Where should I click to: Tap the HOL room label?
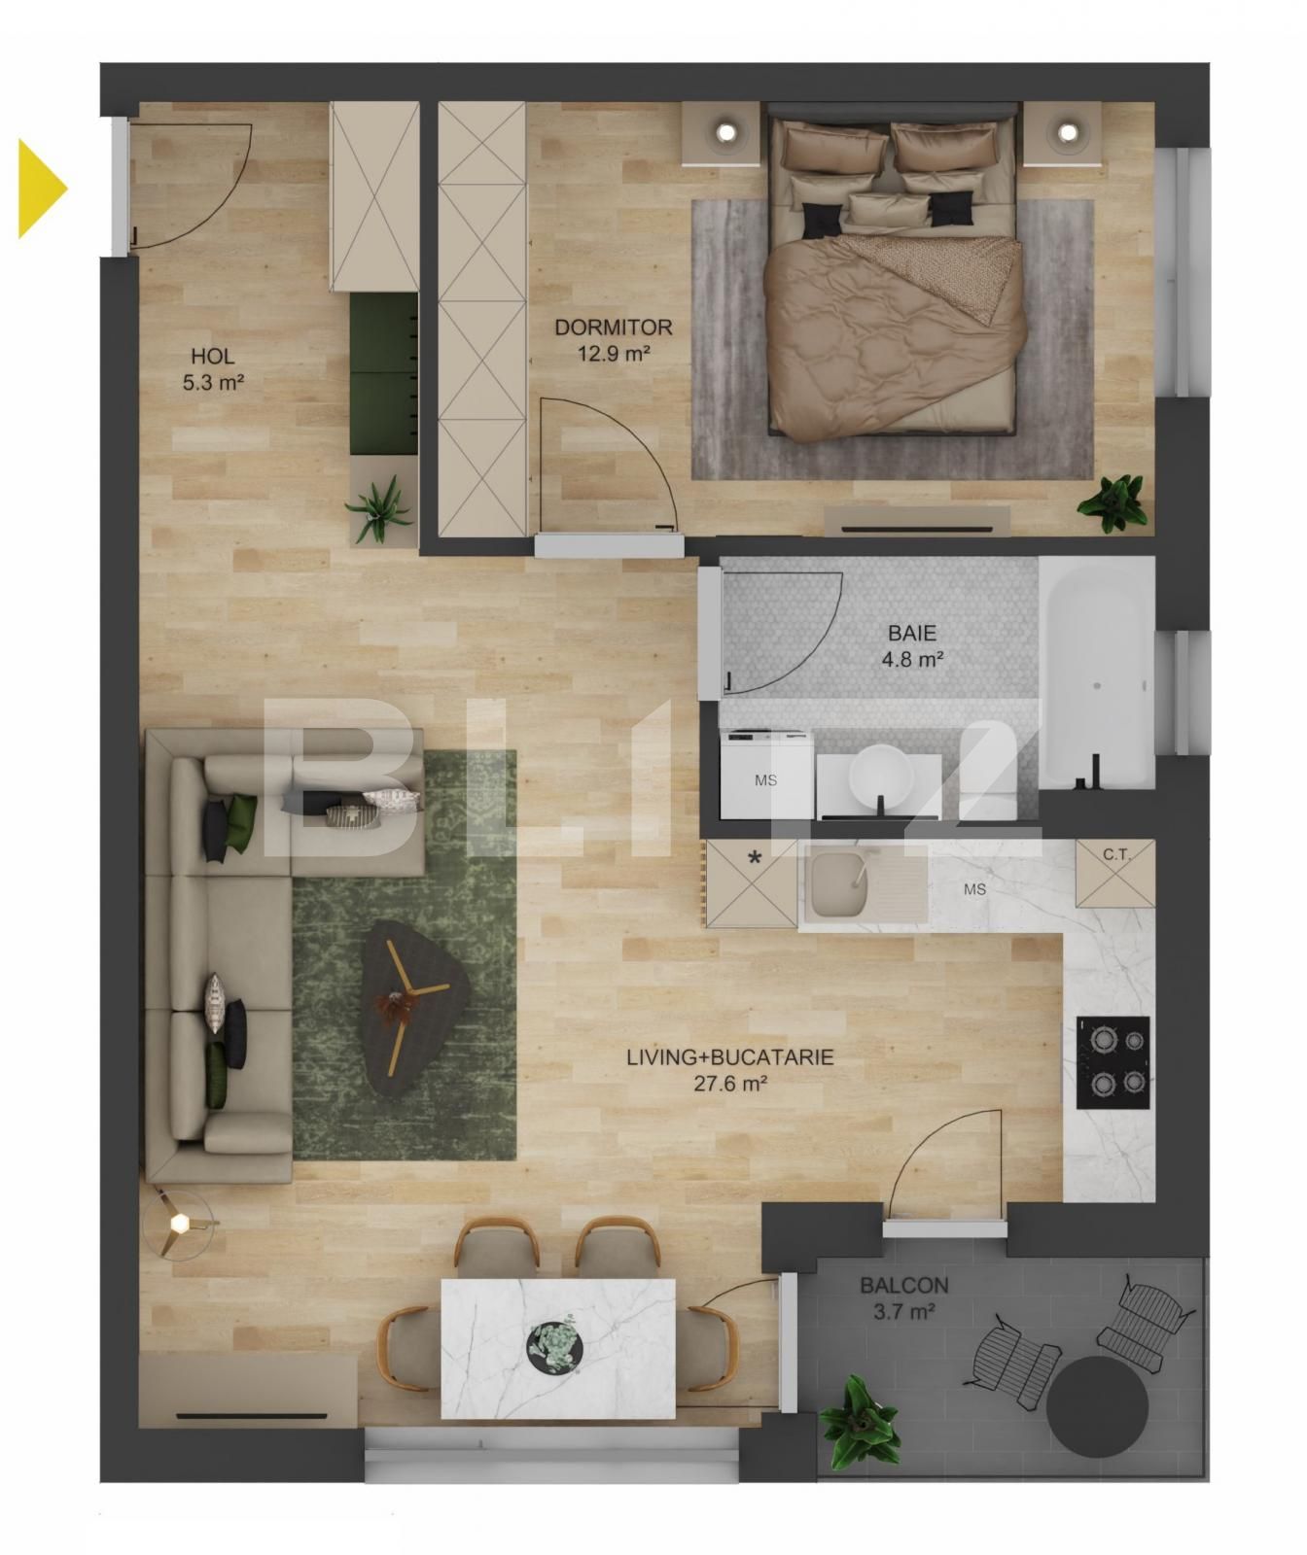coord(212,369)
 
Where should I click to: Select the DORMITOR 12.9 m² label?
coord(613,340)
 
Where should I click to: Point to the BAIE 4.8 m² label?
coord(912,646)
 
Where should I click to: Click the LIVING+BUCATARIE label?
coord(730,1069)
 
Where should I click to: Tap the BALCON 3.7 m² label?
coord(903,1297)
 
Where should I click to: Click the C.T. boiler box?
coord(1115,873)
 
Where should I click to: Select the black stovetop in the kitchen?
coord(1113,1062)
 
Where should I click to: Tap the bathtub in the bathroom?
coord(1096,671)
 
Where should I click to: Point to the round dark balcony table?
coord(1097,1406)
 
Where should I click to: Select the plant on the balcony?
coord(856,1422)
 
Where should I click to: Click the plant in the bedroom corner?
coord(1115,501)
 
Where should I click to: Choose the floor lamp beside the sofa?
coord(178,1224)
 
